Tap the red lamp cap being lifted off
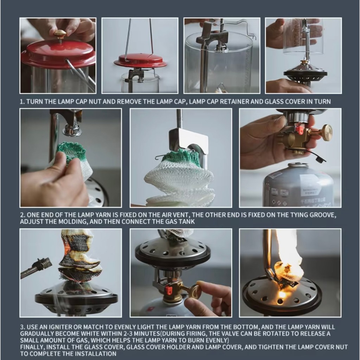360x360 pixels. click(140, 61)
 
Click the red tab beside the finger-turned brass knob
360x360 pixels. click(169, 290)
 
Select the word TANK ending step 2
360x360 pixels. click(187, 222)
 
